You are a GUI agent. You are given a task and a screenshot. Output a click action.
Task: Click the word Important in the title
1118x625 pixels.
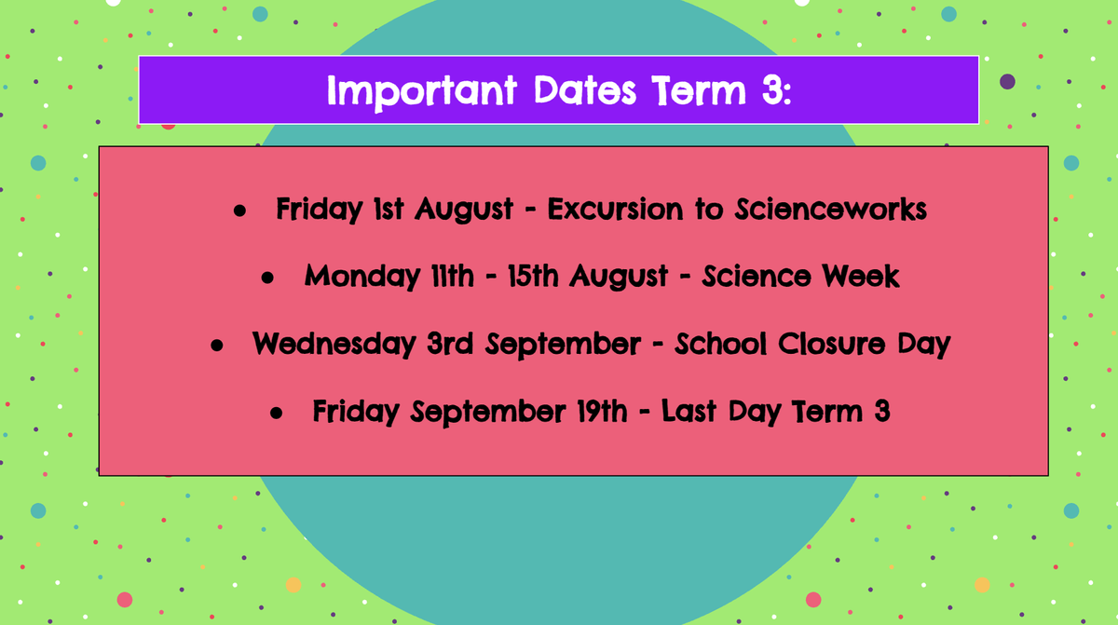pyautogui.click(x=422, y=92)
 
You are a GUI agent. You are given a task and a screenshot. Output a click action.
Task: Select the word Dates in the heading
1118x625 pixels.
pyautogui.click(x=585, y=90)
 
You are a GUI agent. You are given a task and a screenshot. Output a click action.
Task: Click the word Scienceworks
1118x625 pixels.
pyautogui.click(x=830, y=209)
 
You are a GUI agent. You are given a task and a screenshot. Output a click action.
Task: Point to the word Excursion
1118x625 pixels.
pyautogui.click(x=616, y=209)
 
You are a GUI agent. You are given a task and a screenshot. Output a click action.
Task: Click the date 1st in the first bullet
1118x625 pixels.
pyautogui.click(x=389, y=209)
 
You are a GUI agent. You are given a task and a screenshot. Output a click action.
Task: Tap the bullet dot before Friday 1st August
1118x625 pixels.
pyautogui.click(x=239, y=211)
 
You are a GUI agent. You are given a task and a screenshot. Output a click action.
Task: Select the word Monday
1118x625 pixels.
pyautogui.click(x=362, y=278)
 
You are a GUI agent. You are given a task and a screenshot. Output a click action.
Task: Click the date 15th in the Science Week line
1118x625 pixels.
pyautogui.click(x=533, y=276)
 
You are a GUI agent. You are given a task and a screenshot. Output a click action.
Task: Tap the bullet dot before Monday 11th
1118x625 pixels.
pyautogui.click(x=267, y=278)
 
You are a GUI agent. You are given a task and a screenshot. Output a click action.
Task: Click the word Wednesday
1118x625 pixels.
pyautogui.click(x=334, y=345)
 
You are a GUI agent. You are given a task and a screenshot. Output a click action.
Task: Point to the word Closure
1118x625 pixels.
pyautogui.click(x=831, y=345)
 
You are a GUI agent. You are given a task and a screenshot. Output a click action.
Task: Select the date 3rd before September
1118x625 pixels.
pyautogui.click(x=450, y=344)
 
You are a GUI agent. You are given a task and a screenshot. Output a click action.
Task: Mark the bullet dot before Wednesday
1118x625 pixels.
pyautogui.click(x=216, y=346)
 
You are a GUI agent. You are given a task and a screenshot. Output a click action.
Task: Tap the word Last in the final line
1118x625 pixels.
pyautogui.click(x=690, y=411)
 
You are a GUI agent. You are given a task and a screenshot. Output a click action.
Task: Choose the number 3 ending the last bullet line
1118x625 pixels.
pyautogui.click(x=882, y=411)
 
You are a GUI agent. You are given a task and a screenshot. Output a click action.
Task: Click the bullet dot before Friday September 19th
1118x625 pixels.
pyautogui.click(x=276, y=413)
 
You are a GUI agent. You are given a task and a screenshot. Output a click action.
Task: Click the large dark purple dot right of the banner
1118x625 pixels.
pyautogui.click(x=1007, y=81)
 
